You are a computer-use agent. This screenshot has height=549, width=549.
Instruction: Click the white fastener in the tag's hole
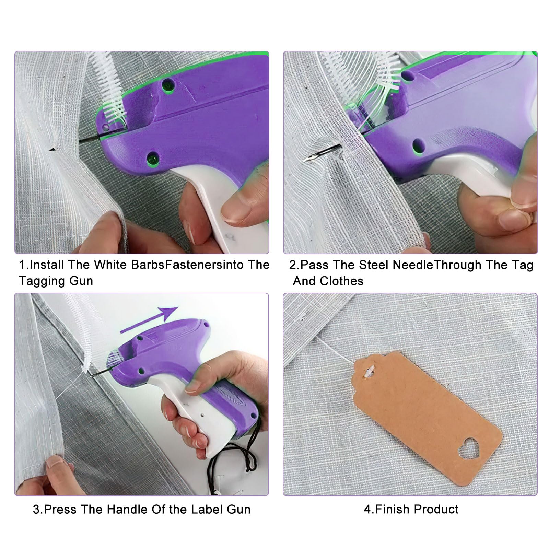click(369, 373)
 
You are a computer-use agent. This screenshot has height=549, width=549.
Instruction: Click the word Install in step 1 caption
click(47, 265)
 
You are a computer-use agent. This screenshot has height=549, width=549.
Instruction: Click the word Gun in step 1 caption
click(81, 281)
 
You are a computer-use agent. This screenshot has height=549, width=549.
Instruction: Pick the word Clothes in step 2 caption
click(341, 281)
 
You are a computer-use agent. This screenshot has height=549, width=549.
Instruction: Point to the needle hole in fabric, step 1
click(52, 149)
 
